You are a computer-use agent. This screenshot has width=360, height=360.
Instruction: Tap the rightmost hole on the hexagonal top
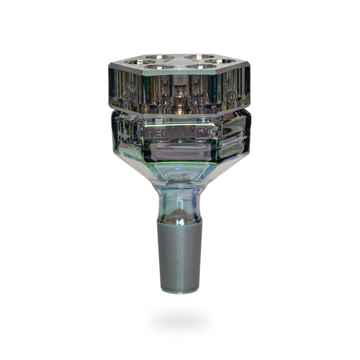(225, 63)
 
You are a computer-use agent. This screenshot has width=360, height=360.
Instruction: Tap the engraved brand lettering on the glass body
(180, 132)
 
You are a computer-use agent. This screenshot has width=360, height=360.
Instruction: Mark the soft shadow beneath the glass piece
(180, 317)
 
